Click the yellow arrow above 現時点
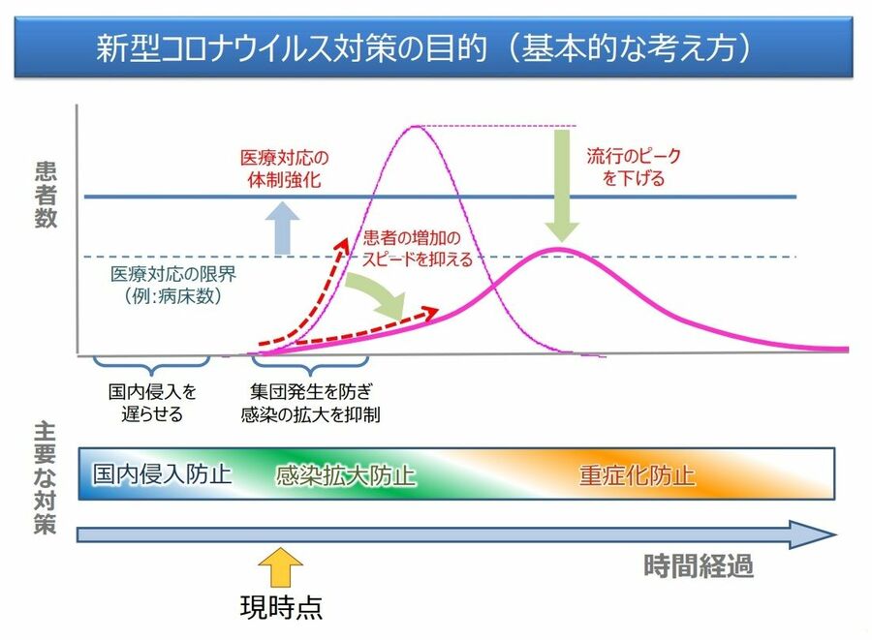[x=281, y=567]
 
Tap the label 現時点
[x=281, y=607]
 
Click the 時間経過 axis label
[x=699, y=566]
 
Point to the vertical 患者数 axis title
[x=46, y=195]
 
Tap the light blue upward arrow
[x=283, y=229]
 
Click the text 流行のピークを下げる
[x=634, y=167]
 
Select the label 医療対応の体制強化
[x=284, y=168]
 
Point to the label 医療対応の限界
[x=173, y=274]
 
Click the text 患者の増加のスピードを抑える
[x=417, y=248]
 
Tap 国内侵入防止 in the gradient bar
[x=162, y=474]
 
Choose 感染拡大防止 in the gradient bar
[x=345, y=475]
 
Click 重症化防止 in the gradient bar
[x=637, y=475]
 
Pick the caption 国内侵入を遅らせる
[x=152, y=403]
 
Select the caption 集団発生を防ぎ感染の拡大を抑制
[x=310, y=403]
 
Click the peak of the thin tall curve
[x=416, y=127]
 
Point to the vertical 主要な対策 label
[x=45, y=477]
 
